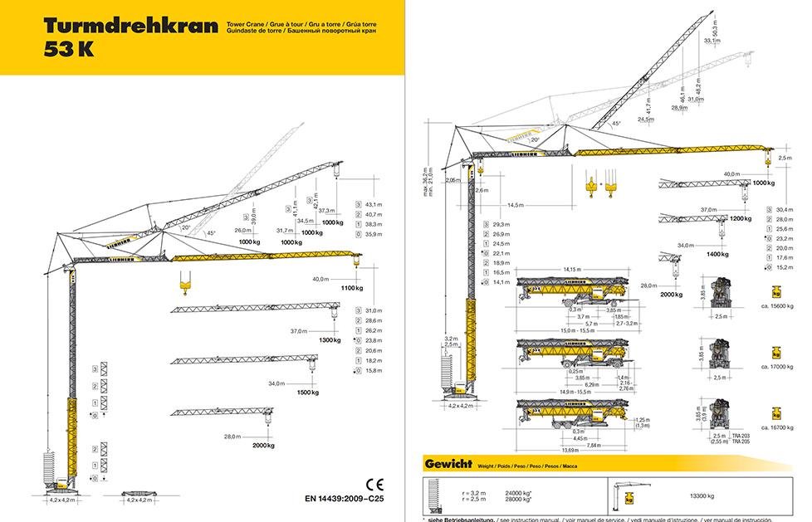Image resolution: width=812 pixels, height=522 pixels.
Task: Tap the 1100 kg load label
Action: (352, 287)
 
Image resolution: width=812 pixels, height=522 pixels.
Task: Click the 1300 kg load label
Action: (330, 340)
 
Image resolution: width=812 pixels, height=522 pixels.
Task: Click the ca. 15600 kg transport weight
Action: (777, 306)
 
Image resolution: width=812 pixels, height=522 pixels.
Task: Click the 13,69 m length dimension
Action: (570, 451)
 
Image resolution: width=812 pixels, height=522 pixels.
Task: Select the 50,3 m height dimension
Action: (715, 38)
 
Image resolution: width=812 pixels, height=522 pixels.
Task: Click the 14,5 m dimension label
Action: (516, 204)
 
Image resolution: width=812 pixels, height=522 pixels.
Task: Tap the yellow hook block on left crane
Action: (184, 287)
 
